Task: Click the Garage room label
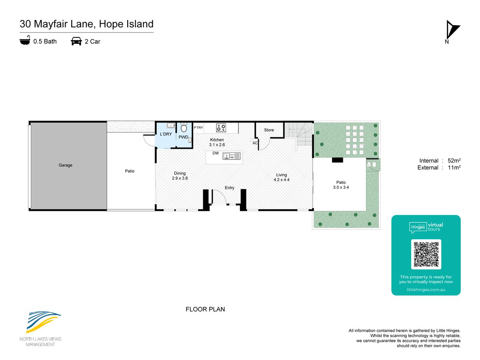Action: point(65,165)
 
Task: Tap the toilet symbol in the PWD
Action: point(184,128)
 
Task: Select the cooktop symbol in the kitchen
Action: point(221,128)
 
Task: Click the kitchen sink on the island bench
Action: point(232,156)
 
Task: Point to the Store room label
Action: point(269,130)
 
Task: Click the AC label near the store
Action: point(255,143)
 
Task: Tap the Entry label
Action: point(229,188)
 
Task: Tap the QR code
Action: point(426,254)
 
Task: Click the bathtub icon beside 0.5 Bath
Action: point(25,40)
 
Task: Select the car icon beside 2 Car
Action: point(76,41)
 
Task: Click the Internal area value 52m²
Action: point(454,160)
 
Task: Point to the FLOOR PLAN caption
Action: point(205,309)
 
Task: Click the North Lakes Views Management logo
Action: point(40,329)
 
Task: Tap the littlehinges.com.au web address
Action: point(426,290)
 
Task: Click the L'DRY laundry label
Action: point(166,134)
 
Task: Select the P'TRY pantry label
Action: point(198,128)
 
